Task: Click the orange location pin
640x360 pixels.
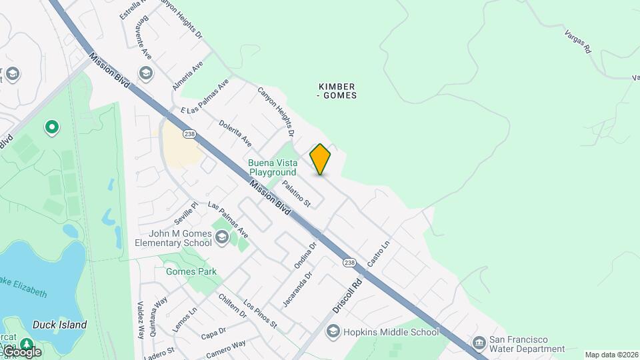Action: [320, 159]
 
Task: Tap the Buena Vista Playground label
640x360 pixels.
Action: [272, 167]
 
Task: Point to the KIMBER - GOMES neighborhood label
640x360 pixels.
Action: [337, 91]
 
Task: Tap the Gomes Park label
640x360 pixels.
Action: [191, 272]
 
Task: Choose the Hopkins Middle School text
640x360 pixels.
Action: [391, 331]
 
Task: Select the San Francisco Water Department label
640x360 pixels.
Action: [527, 343]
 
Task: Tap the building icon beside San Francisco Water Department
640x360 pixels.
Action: [479, 343]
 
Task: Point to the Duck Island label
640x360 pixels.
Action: [60, 325]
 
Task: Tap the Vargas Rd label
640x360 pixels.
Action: [577, 41]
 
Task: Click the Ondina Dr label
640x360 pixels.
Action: [305, 255]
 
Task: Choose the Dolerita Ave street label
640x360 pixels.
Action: [235, 133]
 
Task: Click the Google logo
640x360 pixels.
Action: [21, 351]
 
